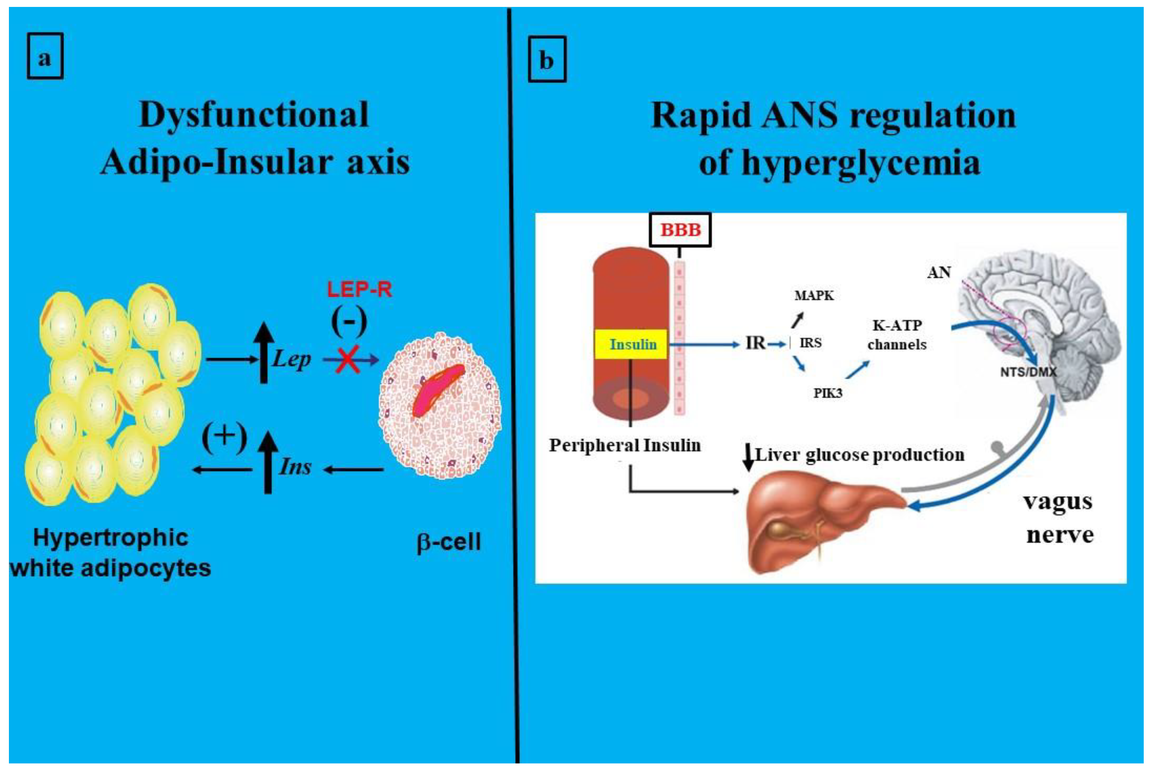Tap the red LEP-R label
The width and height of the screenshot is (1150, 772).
click(359, 290)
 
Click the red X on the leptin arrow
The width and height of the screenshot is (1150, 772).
click(348, 359)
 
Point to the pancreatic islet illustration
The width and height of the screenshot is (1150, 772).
click(440, 405)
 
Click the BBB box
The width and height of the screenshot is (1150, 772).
click(680, 230)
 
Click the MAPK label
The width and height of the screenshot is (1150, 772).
click(814, 295)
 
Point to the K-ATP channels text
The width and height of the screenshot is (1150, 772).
click(897, 335)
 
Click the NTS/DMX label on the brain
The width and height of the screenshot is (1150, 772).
click(1028, 372)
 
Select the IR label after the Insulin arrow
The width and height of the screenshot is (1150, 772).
click(755, 343)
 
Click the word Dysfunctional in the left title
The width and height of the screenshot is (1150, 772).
click(254, 115)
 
